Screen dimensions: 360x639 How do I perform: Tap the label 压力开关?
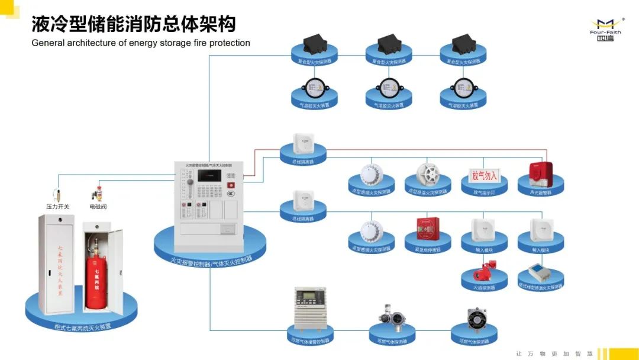click(58, 207)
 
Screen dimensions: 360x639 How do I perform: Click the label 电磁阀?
click(98, 207)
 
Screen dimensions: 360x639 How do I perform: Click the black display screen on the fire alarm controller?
click(208, 175)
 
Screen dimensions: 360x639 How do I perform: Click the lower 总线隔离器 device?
click(302, 200)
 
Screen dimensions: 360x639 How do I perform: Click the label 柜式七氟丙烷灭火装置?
click(82, 326)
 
